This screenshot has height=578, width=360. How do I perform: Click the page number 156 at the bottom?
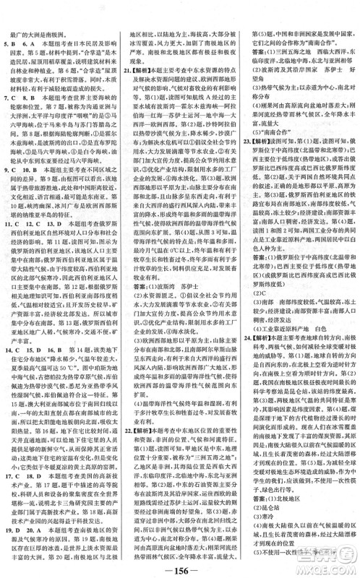point(179,564)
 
